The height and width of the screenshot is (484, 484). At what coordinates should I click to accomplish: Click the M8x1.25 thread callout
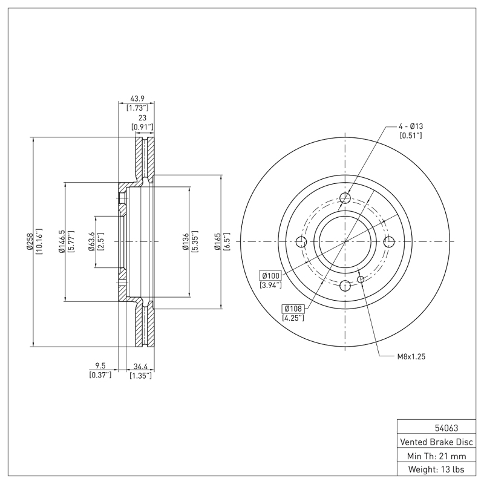[411, 357]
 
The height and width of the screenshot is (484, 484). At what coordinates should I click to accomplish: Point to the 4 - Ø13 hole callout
[411, 126]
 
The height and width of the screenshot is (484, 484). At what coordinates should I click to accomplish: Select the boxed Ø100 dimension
[270, 275]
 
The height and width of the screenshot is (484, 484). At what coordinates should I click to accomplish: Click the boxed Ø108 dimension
[293, 309]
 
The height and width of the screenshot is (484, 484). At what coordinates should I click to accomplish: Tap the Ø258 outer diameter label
[29, 242]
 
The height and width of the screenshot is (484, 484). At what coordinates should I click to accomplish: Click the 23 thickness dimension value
[142, 119]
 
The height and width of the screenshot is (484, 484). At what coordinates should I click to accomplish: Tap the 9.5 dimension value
[100, 366]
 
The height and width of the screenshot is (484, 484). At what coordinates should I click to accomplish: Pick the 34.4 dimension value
[140, 366]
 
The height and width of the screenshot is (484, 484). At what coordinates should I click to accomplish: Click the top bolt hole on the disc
[345, 198]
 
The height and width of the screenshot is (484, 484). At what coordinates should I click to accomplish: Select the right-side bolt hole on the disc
[389, 242]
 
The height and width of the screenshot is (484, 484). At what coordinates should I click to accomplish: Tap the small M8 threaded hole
[361, 279]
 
